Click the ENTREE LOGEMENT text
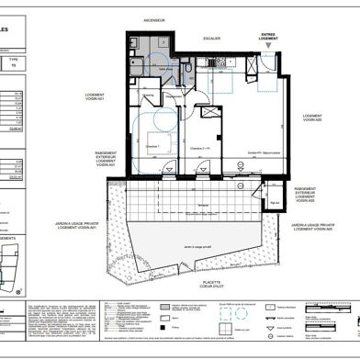tap(267, 38)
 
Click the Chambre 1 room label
tap(152, 146)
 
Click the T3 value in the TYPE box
tap(12, 67)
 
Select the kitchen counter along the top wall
tap(224, 62)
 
